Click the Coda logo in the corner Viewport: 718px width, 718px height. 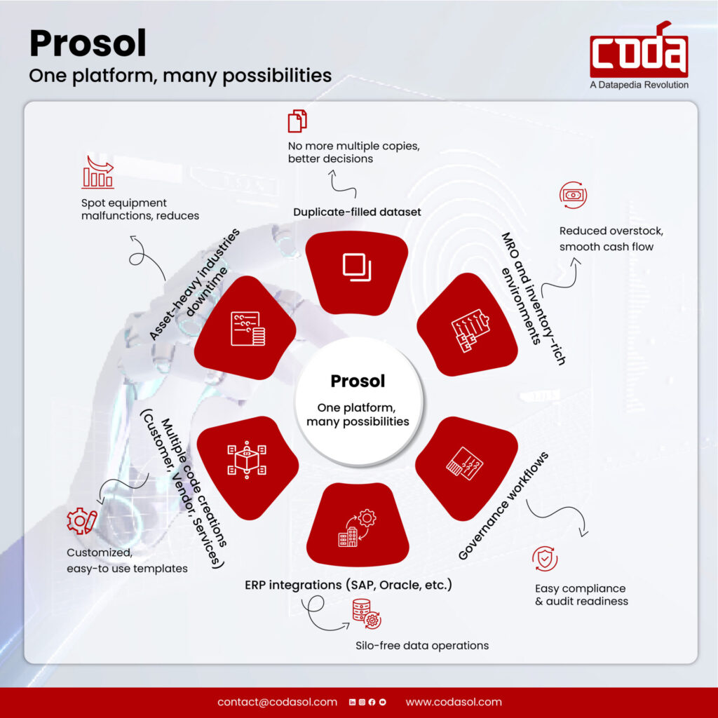pos(639,50)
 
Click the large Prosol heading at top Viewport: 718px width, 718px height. pos(88,44)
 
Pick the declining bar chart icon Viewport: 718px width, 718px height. pos(97,172)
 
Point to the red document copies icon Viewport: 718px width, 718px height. pos(297,121)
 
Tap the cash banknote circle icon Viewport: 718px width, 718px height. pos(573,194)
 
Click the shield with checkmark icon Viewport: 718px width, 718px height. pos(545,560)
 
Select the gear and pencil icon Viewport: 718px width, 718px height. pos(81,522)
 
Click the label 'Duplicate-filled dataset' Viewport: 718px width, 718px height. pos(357,211)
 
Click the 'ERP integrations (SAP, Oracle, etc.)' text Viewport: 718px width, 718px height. pos(348,584)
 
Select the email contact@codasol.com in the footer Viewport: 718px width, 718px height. pos(277,702)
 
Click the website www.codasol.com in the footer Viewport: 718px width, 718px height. pos(454,702)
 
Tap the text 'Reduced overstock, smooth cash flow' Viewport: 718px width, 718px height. pos(607,238)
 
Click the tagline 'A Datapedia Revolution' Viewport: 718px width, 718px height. pos(639,85)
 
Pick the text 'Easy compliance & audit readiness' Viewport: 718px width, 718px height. pos(581,595)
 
